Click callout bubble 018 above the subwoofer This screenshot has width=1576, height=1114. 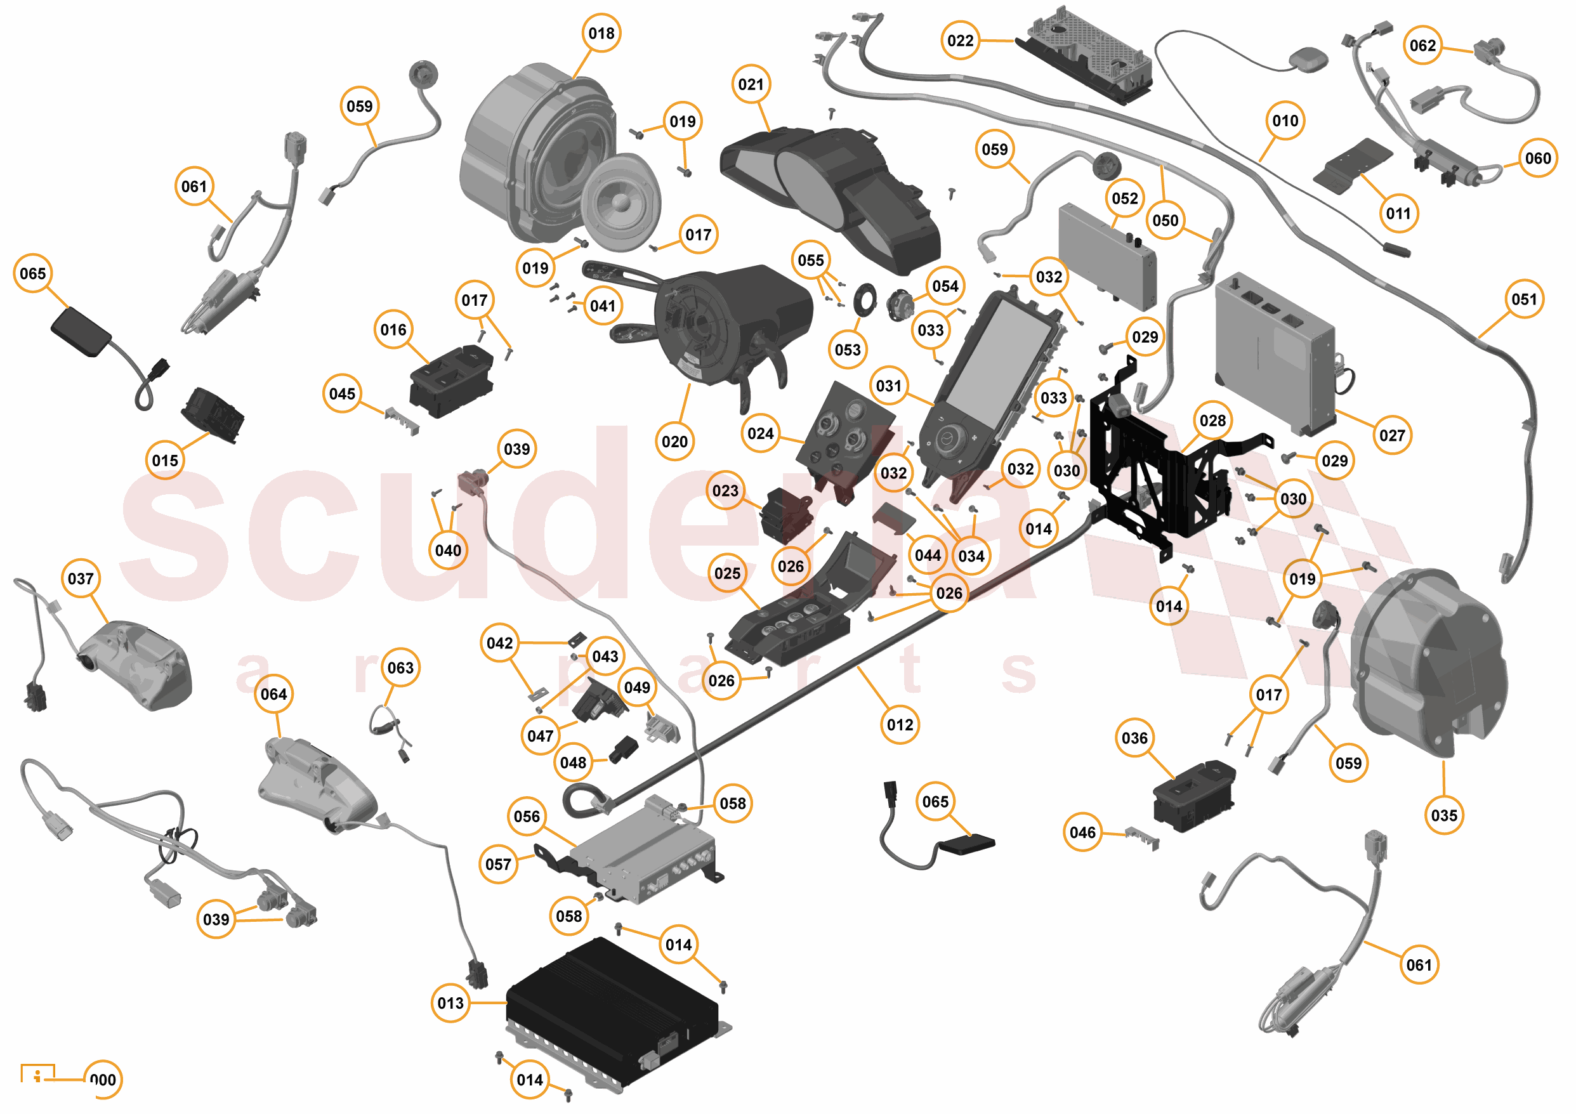(601, 33)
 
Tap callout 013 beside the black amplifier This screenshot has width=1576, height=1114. (450, 1003)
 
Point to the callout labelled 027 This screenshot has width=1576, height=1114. (1391, 435)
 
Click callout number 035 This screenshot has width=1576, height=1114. (1443, 815)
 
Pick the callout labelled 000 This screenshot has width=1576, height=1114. (103, 1080)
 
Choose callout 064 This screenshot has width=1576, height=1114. (273, 694)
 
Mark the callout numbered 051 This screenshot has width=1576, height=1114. (1524, 299)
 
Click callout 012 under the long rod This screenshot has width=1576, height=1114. (900, 725)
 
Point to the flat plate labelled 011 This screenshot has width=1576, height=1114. (1352, 166)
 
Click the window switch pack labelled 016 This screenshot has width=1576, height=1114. (451, 381)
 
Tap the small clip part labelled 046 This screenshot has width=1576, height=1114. (1143, 838)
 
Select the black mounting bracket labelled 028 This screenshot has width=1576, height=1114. (1153, 474)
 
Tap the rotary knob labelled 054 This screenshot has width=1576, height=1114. (899, 303)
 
